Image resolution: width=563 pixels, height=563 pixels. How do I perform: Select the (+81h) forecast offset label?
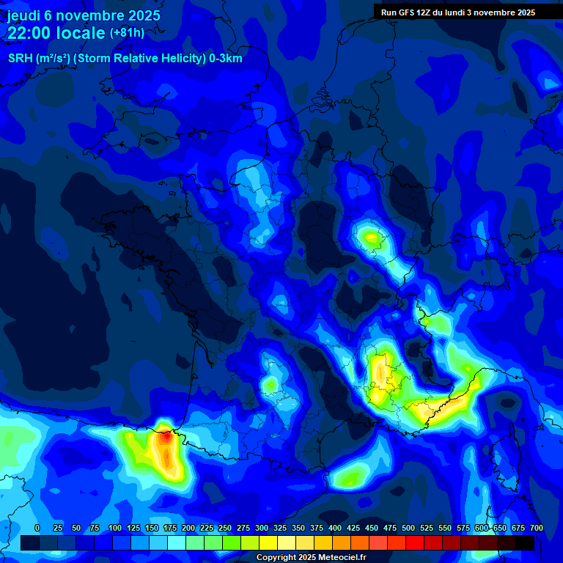pos(127,33)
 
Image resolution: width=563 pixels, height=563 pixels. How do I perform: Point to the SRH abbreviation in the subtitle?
pos(21,59)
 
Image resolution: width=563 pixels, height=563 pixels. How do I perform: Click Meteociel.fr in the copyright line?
pos(338,558)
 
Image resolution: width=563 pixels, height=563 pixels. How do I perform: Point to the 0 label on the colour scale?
pos(37,529)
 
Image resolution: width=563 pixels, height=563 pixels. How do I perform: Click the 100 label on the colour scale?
pos(114,529)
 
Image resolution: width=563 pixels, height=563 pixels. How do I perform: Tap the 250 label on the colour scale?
pos(224,529)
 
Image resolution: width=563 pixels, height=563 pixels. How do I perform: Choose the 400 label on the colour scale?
pos(335,529)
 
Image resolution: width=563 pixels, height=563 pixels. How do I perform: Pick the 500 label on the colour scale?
pos(408,529)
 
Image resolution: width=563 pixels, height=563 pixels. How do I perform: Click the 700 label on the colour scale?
pos(536,529)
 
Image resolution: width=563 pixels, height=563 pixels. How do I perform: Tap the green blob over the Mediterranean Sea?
pos(349,477)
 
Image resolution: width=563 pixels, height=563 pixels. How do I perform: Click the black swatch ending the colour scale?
pos(525,542)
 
